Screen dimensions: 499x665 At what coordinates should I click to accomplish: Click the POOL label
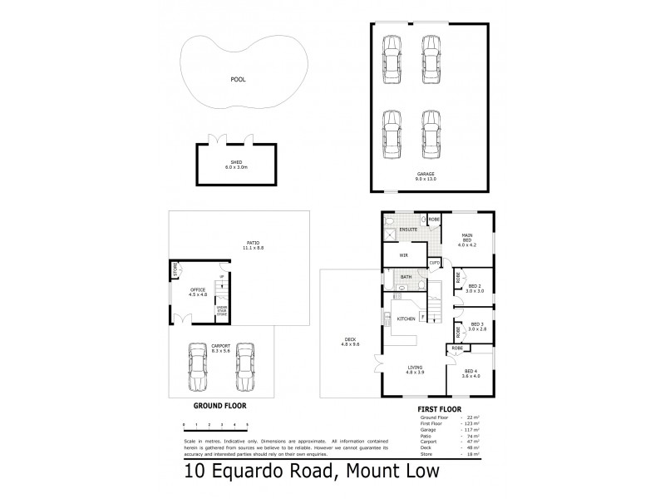tap(239, 80)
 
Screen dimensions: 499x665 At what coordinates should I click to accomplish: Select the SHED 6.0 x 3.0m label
tap(235, 165)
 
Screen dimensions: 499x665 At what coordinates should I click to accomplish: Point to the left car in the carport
tap(198, 368)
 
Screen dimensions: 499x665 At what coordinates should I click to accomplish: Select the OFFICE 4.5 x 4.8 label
tap(198, 292)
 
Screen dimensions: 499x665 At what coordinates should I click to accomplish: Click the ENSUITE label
tap(407, 229)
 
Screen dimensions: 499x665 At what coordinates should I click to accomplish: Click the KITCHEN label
tap(406, 319)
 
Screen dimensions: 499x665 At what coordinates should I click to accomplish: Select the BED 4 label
tap(471, 373)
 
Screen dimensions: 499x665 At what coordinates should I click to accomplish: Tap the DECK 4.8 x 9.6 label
tap(351, 341)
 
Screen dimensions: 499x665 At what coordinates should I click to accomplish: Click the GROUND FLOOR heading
tap(219, 408)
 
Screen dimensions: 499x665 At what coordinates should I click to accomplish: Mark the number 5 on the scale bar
tap(247, 424)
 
